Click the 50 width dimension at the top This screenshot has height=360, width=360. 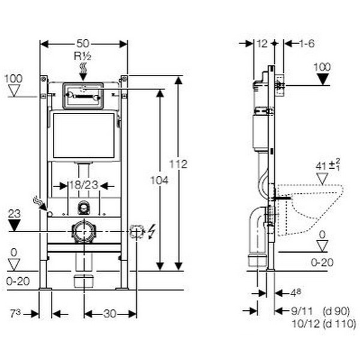click(x=83, y=43)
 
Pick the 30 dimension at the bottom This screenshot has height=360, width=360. click(x=110, y=313)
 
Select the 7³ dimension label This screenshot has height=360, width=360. click(x=16, y=313)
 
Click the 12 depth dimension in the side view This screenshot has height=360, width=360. click(x=262, y=43)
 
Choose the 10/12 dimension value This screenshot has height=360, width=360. click(x=301, y=324)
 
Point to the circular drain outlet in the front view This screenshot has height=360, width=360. click(x=83, y=232)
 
